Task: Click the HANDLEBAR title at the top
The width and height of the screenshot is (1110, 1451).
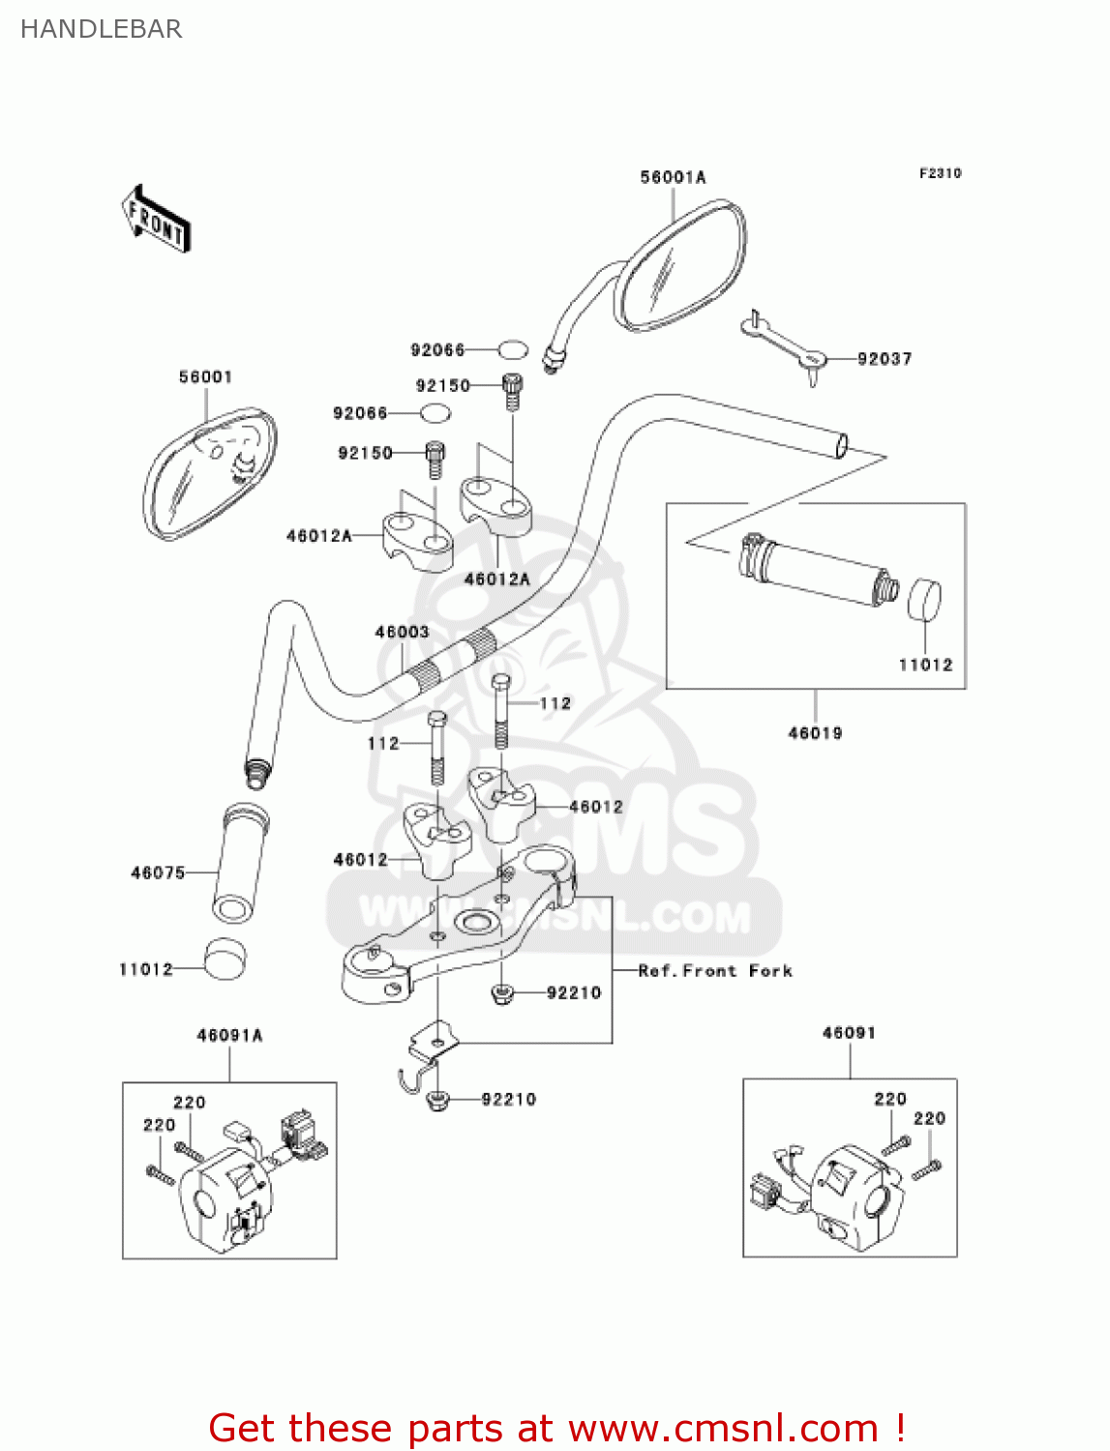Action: click(x=101, y=29)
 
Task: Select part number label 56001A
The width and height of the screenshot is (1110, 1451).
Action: click(x=673, y=177)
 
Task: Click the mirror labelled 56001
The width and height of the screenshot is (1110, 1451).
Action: click(x=209, y=474)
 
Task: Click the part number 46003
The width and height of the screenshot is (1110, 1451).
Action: click(x=402, y=632)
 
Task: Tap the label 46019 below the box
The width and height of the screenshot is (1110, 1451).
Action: click(x=815, y=733)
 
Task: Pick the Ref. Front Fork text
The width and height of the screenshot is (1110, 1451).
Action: click(x=715, y=970)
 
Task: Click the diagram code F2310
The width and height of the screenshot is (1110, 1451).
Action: click(x=940, y=173)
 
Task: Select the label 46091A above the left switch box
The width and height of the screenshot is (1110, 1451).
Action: click(x=229, y=1035)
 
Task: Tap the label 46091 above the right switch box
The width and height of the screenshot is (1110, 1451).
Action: click(x=849, y=1033)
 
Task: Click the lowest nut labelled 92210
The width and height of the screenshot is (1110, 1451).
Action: click(x=436, y=1099)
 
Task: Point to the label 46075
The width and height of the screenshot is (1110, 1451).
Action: click(x=158, y=873)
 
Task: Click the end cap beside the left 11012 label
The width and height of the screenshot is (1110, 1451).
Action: click(x=225, y=958)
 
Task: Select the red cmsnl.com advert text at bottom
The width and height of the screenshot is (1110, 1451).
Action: click(x=556, y=1428)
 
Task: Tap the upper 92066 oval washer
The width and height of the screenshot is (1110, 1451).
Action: click(x=513, y=349)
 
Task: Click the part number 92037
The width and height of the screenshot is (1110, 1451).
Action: click(x=885, y=359)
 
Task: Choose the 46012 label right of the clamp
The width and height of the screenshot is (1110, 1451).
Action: click(x=596, y=807)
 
